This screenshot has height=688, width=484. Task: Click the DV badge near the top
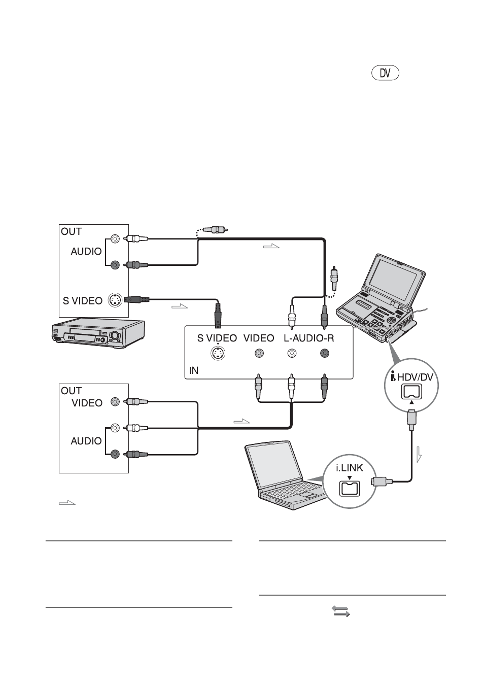(385, 74)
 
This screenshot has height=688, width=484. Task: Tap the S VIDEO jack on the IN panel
(218, 353)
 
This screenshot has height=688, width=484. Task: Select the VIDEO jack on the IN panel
(259, 353)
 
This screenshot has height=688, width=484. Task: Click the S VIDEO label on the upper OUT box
(82, 300)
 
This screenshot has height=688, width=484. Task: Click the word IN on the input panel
(193, 371)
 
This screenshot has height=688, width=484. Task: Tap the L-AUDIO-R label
(308, 338)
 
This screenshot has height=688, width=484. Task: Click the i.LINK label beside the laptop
(349, 468)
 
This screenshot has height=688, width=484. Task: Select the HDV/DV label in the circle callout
(415, 377)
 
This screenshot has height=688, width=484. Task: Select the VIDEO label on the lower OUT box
(87, 403)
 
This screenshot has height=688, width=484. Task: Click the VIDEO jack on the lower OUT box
(115, 401)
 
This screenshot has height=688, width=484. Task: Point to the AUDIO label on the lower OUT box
(86, 441)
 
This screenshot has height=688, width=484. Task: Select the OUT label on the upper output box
(71, 231)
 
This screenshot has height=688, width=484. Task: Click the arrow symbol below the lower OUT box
(67, 503)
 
